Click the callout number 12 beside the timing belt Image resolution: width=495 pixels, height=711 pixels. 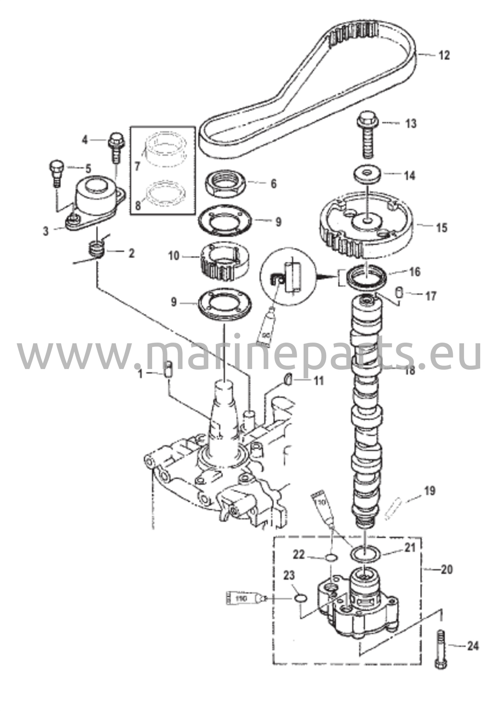pyautogui.click(x=444, y=56)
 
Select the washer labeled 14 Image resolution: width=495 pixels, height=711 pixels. pyautogui.click(x=367, y=174)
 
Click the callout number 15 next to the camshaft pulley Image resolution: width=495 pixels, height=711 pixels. pyautogui.click(x=442, y=228)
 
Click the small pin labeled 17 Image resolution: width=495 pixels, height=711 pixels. pyautogui.click(x=400, y=293)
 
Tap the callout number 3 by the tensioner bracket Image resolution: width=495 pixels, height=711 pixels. pyautogui.click(x=46, y=231)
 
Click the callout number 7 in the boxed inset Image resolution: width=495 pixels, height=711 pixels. pyautogui.click(x=137, y=167)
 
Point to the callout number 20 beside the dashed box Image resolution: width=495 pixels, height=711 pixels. pyautogui.click(x=447, y=570)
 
